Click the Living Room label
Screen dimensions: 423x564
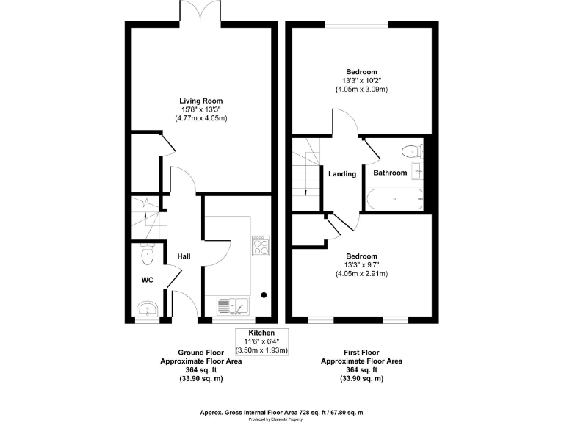[200, 101]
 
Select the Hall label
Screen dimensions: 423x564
[184, 256]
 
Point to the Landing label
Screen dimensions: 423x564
[342, 174]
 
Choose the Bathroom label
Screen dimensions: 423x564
[390, 173]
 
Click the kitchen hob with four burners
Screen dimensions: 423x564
[261, 245]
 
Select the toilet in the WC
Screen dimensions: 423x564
[147, 256]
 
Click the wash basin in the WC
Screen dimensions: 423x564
[147, 308]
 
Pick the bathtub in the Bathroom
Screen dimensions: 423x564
[394, 199]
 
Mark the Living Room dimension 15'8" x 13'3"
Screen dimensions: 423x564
[200, 109]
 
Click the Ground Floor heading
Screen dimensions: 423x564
[200, 353]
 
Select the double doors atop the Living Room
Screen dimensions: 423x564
[201, 12]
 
